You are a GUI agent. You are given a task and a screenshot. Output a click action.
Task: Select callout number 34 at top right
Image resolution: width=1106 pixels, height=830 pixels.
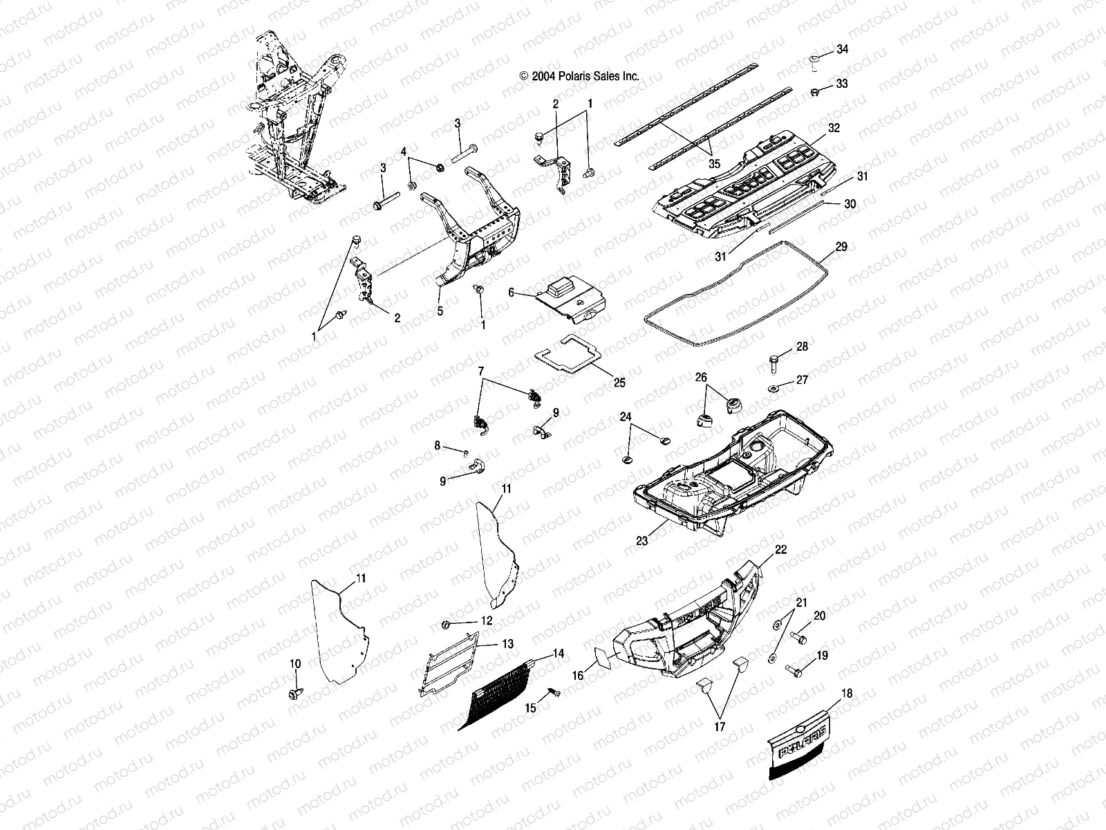point(842,49)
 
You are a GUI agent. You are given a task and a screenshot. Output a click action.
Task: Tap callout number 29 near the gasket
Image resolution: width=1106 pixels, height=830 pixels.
point(841,247)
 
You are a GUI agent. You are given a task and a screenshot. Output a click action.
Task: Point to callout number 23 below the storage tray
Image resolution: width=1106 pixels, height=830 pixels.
point(642,541)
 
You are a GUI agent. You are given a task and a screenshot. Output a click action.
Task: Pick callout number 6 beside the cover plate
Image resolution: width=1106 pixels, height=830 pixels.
point(512,293)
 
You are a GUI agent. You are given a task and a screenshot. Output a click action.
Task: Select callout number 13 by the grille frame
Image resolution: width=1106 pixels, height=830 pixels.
point(507,643)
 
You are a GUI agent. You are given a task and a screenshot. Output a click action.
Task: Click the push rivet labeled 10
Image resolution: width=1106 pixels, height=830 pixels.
point(296,692)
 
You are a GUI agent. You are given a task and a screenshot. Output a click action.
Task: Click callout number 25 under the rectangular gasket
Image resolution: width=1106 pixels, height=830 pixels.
point(619,382)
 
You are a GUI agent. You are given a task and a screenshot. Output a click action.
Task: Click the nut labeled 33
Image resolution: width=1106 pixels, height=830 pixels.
point(816,91)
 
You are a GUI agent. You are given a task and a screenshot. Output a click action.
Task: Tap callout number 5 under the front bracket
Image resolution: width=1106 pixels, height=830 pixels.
point(440,311)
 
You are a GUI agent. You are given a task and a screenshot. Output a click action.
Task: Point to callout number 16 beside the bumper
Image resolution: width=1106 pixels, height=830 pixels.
point(578,675)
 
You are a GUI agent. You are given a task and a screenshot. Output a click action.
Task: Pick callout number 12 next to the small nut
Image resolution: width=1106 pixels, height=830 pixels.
point(487,620)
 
